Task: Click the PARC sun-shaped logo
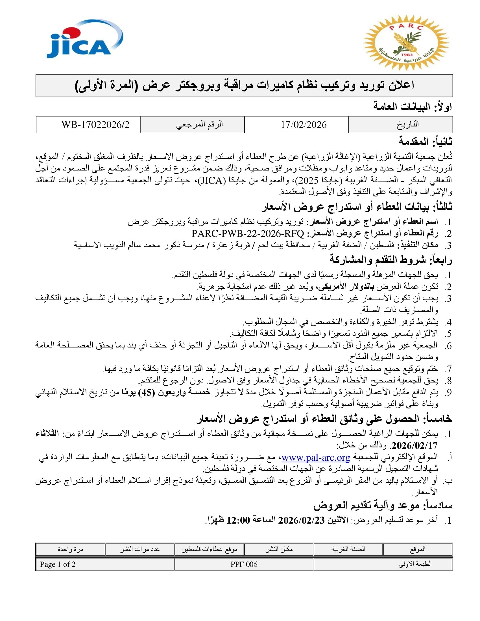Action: coord(406,43)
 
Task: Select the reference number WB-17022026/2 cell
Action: coord(95,125)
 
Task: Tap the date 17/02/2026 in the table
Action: coord(304,125)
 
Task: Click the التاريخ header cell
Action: coord(407,124)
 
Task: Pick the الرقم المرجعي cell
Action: coord(199,124)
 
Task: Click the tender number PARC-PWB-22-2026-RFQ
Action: coord(248,234)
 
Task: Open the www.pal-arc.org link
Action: coord(316,458)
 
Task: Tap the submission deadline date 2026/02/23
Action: coord(301,520)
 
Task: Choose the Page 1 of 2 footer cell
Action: coord(58,564)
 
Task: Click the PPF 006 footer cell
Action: coord(244,564)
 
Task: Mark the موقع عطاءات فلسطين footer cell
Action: coord(209,549)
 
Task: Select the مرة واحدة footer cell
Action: coord(70,549)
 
